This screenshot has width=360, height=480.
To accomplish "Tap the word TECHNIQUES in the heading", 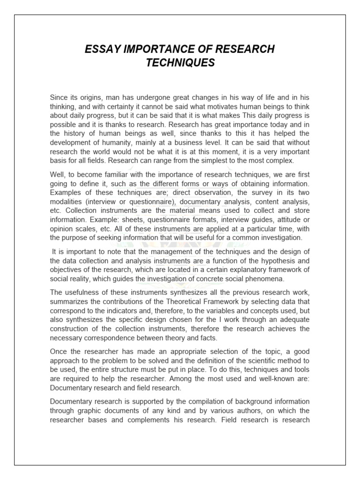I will point(180,63).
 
